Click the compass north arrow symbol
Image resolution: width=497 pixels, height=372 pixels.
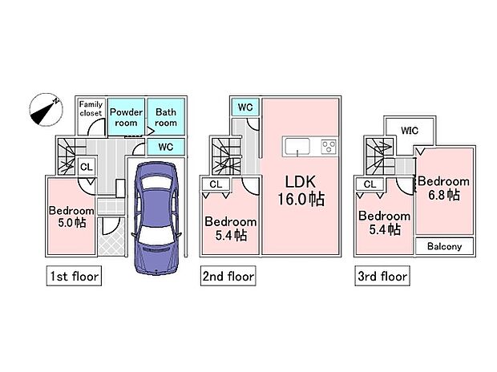click(x=46, y=110)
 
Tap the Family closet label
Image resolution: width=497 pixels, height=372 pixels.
click(x=91, y=108)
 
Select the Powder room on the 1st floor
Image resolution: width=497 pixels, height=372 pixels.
click(x=126, y=117)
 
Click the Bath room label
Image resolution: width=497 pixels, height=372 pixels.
click(x=166, y=117)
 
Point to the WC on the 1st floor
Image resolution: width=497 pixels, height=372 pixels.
click(x=166, y=147)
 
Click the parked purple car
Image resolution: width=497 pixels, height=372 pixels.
click(x=156, y=218)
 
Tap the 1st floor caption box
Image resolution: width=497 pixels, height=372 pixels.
click(x=74, y=276)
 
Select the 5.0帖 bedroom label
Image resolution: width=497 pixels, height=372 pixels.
click(x=71, y=216)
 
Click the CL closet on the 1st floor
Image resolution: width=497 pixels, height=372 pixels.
click(x=87, y=167)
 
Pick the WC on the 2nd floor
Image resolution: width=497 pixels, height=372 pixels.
click(x=245, y=107)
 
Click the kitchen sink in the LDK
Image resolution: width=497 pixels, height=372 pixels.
click(x=297, y=147)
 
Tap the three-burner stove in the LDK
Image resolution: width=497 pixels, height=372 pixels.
click(x=329, y=147)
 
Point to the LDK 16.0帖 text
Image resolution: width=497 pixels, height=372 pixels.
click(x=301, y=191)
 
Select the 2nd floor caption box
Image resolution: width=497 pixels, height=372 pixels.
click(x=228, y=276)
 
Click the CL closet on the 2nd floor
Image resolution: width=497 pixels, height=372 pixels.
click(x=216, y=184)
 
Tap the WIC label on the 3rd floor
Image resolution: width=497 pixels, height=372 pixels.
click(x=410, y=131)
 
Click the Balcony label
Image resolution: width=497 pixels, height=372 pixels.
click(x=444, y=246)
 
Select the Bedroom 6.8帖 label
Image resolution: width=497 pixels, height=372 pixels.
click(x=444, y=188)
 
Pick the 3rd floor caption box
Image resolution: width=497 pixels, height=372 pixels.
click(x=382, y=276)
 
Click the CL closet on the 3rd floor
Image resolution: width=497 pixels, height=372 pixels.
click(x=370, y=184)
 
